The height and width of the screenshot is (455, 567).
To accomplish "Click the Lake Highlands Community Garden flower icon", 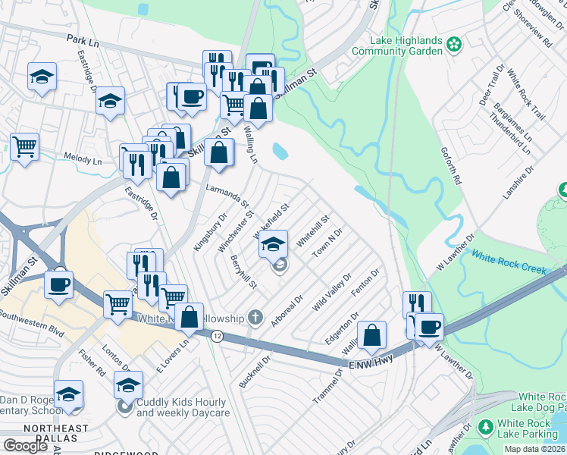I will pos(454,44).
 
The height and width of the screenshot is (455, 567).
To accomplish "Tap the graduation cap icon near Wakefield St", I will pos(274,244).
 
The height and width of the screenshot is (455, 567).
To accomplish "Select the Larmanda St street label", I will pos(227,194).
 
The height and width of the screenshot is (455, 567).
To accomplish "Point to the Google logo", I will pos(25,446).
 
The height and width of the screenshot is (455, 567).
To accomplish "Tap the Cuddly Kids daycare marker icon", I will pos(126,408).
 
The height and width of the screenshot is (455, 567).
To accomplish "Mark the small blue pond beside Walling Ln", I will pos(280,151).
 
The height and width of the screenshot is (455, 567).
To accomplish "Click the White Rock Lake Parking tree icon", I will pos(484,429).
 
